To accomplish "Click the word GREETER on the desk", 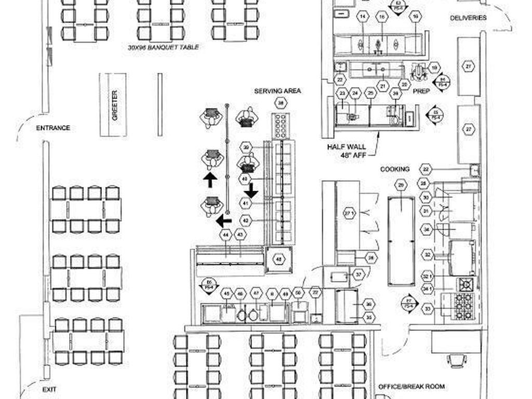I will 115,105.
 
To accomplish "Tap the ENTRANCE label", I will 53,128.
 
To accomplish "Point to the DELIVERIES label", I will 468,18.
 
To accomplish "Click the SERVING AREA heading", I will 277,91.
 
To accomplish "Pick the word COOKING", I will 395,169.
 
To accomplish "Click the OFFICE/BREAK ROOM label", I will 411,387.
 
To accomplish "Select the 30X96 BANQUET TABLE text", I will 163,47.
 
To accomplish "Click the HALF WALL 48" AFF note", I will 346,151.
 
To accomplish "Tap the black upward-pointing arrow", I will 210,180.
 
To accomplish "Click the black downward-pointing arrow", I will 251,190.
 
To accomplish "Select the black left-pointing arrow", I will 223,221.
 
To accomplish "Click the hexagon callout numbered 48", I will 279,259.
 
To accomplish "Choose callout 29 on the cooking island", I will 401,184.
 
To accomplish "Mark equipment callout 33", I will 427,309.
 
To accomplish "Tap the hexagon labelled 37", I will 358,274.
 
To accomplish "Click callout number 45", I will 227,294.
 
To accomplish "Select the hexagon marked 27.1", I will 349,213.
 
